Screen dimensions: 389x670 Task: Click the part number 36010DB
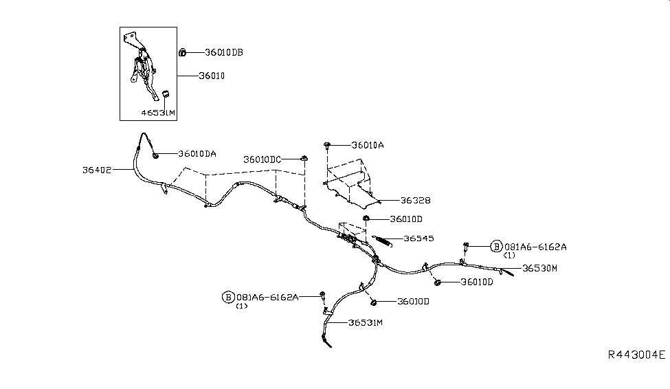(x=224, y=52)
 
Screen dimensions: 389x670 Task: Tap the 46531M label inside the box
(x=159, y=113)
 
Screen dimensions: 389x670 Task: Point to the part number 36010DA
(x=197, y=154)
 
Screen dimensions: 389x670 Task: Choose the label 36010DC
(x=263, y=159)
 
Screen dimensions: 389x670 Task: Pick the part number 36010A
(x=368, y=146)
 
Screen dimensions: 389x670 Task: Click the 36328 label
(x=416, y=201)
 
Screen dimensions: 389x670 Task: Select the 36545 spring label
(x=419, y=239)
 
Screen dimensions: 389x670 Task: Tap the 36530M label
(x=539, y=268)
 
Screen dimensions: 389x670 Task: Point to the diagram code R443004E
(x=636, y=355)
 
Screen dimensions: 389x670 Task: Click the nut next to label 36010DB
(x=183, y=52)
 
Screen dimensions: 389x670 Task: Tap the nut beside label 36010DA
(x=156, y=155)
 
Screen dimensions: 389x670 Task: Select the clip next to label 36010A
(x=327, y=145)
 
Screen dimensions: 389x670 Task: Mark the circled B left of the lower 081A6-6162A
(x=227, y=297)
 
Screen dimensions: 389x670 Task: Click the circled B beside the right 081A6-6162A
(x=496, y=246)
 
